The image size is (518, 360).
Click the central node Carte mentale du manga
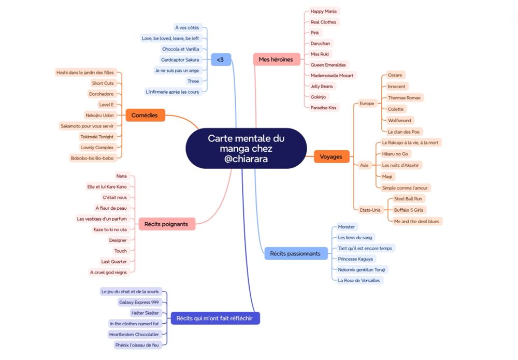pos(246,148)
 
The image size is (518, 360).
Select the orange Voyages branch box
pos(331,156)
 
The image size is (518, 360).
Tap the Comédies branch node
pos(145,115)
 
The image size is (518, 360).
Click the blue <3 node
pos(221,60)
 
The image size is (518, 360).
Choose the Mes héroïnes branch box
pos(276,60)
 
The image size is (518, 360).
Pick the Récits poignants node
pos(166,224)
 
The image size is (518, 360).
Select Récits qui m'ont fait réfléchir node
pos(215,318)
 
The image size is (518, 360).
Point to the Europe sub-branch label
pos(367,104)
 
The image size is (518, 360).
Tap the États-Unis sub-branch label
pos(370,210)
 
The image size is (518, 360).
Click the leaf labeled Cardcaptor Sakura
pos(180,60)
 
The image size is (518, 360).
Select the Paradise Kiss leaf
pos(323,108)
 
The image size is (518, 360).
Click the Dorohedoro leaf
pos(102,94)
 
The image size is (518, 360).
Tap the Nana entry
pos(122,176)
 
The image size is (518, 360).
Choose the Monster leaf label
pos(346,227)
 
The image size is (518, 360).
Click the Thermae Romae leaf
pos(405,97)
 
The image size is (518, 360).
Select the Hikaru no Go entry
pos(395,154)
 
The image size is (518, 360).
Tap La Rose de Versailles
pos(359,280)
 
